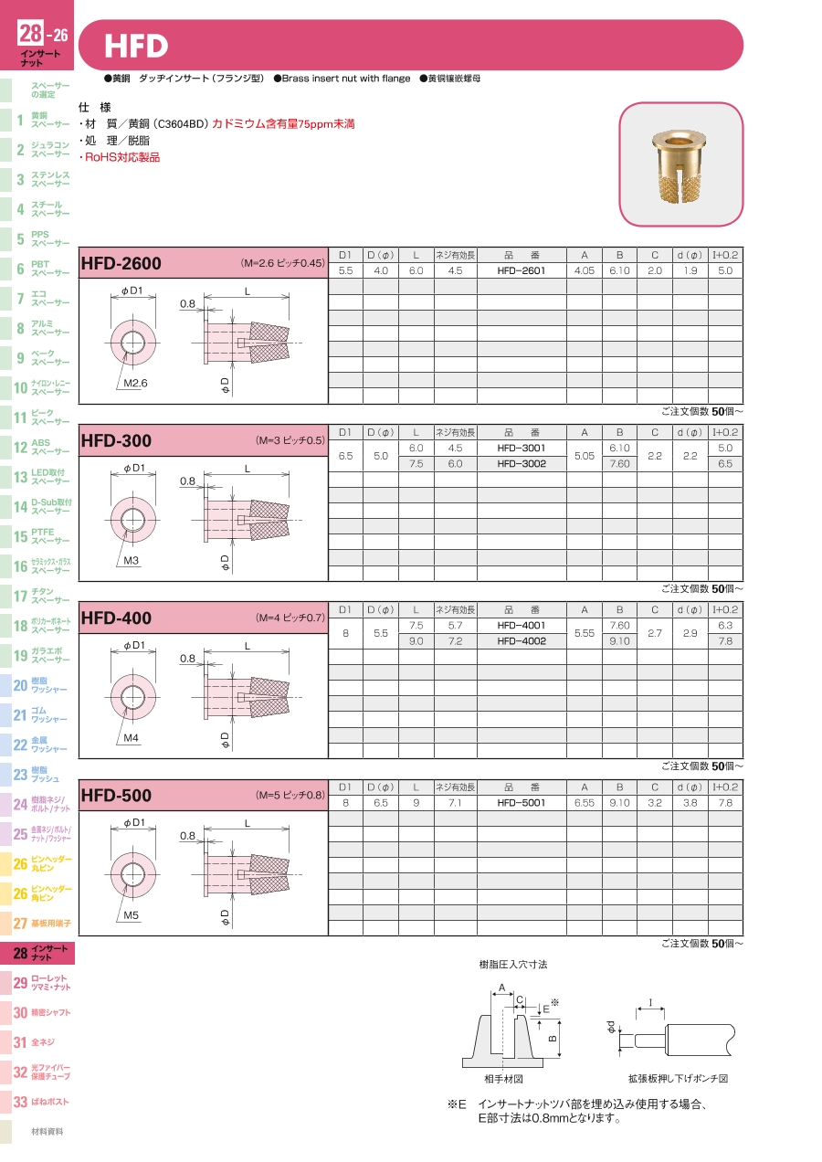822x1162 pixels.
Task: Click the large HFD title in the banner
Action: point(136,46)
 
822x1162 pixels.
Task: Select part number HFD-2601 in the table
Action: point(522,270)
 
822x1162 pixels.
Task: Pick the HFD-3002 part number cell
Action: point(522,464)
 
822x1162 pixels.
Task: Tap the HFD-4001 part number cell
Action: point(522,626)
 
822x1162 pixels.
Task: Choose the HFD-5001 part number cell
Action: point(522,803)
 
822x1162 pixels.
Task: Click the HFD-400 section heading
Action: point(116,618)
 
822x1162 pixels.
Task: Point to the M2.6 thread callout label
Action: point(135,384)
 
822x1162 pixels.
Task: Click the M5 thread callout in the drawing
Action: point(132,915)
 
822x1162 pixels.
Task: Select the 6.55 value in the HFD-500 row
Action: point(584,803)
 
